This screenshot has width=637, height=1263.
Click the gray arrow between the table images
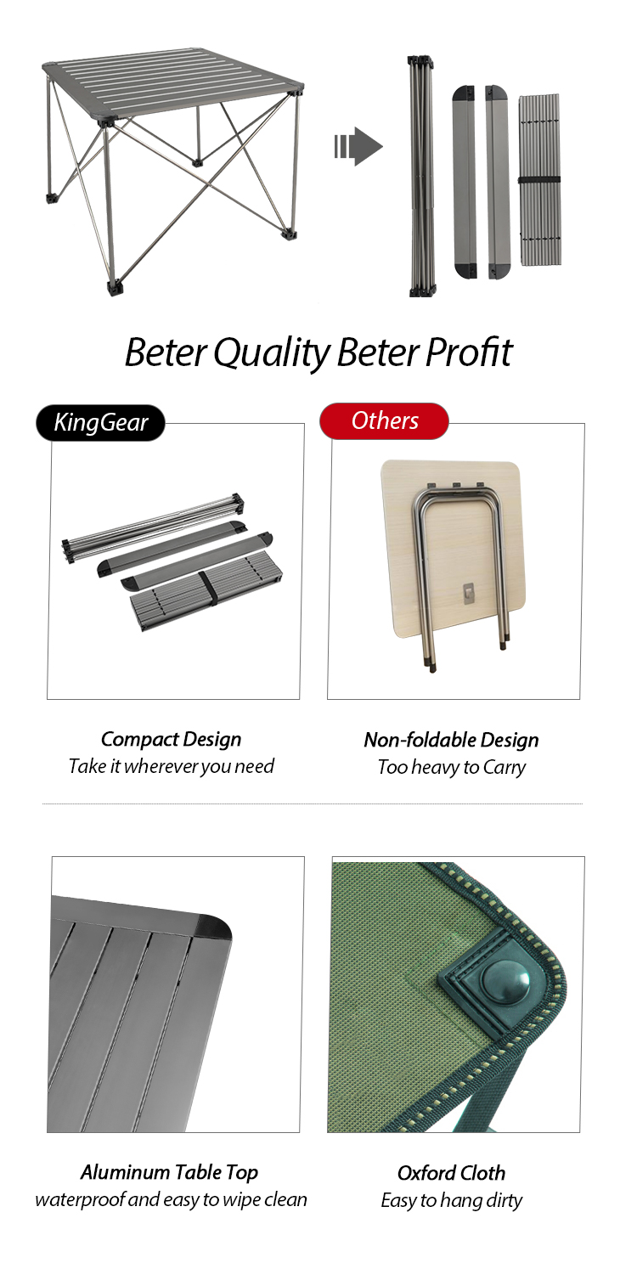358,147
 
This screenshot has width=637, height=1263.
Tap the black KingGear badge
100,423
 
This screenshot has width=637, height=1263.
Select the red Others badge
384,421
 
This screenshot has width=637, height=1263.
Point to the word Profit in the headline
469,352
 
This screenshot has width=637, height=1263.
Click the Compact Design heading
171,740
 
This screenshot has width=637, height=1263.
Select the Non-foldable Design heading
451,741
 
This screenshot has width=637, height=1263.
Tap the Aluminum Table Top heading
169,1172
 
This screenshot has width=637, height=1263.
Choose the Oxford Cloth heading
451,1173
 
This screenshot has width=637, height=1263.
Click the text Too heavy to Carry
452,767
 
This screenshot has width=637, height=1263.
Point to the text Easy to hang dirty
452,1200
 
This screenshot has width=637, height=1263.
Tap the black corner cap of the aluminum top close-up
213,928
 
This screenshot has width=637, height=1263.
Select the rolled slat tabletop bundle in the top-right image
539,180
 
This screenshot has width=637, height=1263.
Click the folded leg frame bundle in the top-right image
422,176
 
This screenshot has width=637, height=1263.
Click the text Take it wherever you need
172,766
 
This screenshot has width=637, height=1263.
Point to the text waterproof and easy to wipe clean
171,1200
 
